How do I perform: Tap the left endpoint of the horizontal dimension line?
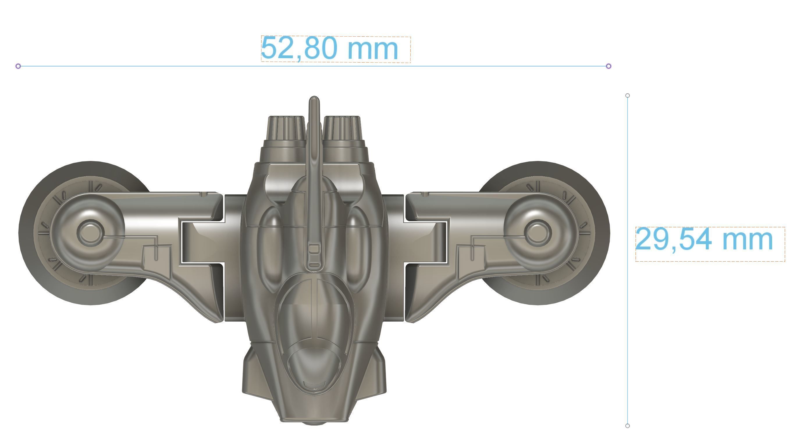pyautogui.click(x=18, y=66)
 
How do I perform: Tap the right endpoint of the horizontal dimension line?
pyautogui.click(x=608, y=66)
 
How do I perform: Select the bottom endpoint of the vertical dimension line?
pyautogui.click(x=627, y=426)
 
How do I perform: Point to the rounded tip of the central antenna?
pyautogui.click(x=314, y=99)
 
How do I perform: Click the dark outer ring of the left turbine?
pyautogui.click(x=28, y=232)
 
